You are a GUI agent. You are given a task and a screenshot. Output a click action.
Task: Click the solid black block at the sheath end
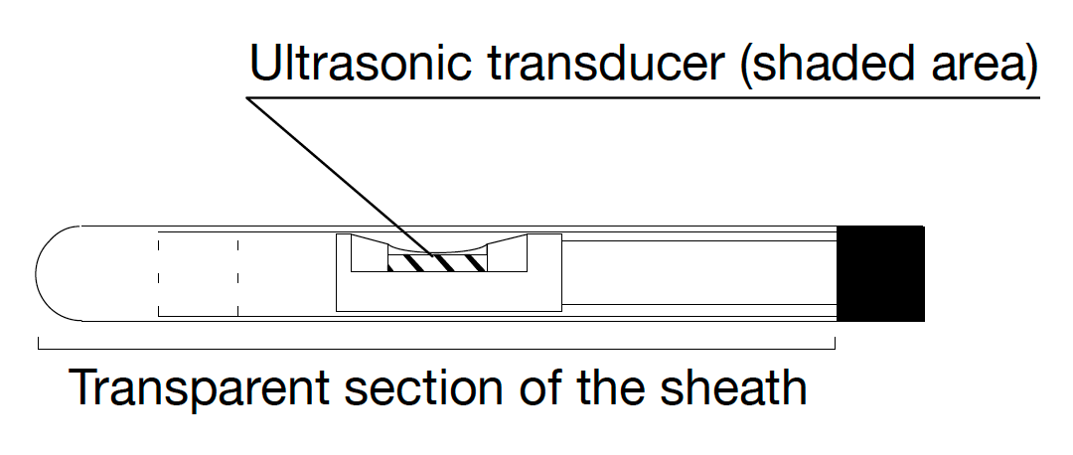coord(881,274)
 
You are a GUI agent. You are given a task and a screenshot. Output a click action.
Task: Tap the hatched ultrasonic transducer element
coord(438,262)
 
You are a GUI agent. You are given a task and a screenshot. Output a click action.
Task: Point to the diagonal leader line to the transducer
coord(338,175)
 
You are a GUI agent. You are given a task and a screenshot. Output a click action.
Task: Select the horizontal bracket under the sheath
coord(437,349)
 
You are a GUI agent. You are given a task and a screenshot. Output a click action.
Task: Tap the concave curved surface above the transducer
coord(437,246)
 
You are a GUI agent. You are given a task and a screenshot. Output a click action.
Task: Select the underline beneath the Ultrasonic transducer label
coord(646,97)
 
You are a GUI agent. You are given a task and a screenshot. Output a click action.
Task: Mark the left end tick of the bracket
coord(39,344)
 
